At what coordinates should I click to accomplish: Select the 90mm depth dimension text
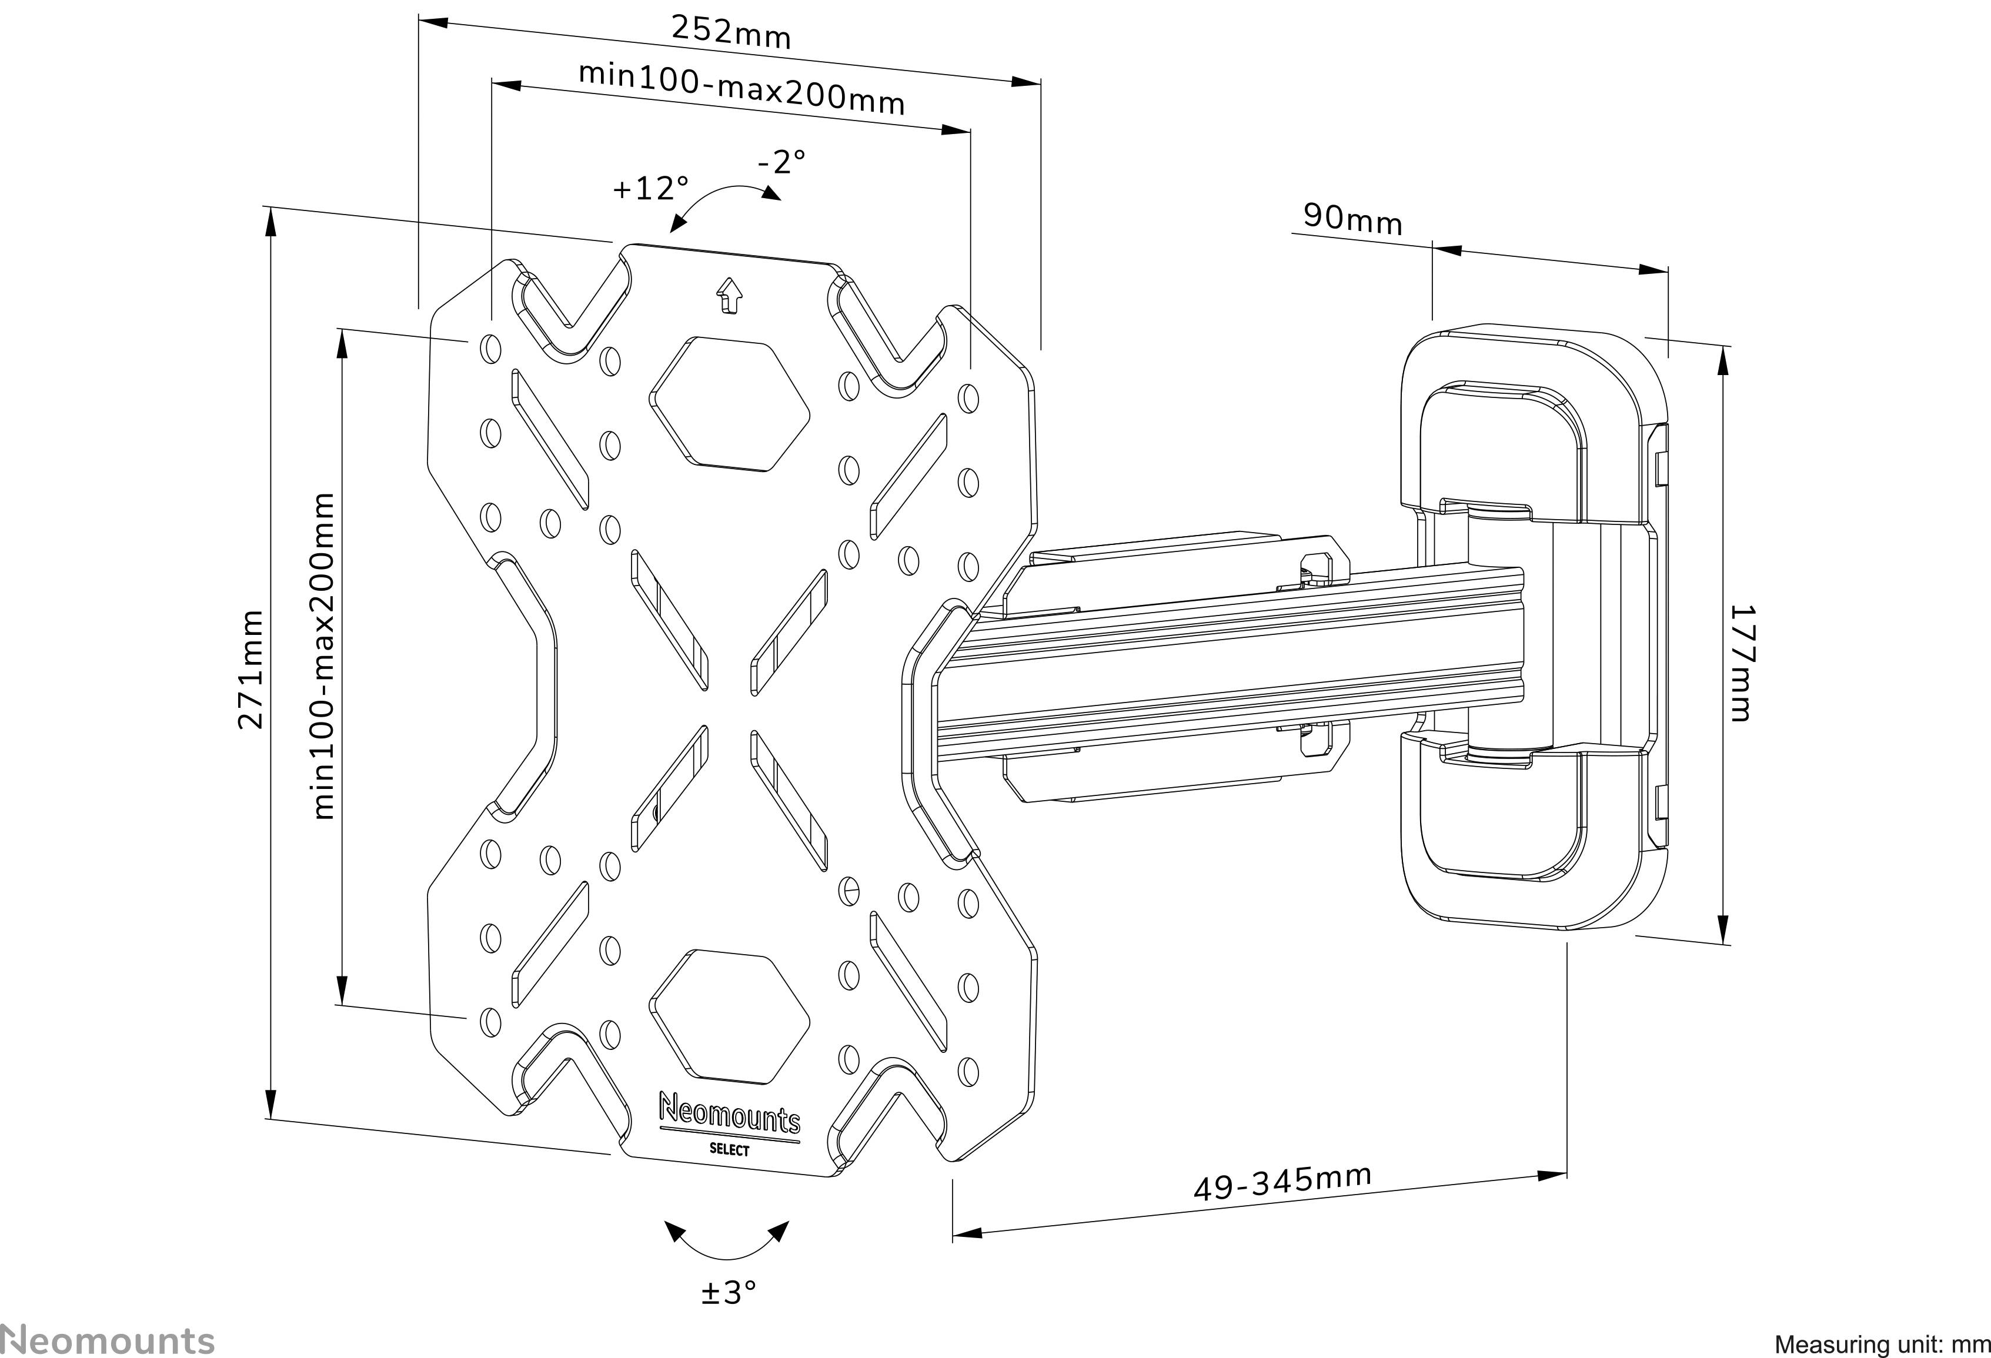[x=1353, y=219]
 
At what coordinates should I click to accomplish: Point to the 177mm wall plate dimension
[x=1742, y=663]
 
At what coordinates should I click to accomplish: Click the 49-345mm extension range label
[x=1282, y=1183]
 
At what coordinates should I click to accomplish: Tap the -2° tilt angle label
[x=781, y=161]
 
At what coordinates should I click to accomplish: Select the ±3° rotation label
[x=729, y=1292]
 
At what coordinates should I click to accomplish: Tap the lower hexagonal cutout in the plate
[x=729, y=1015]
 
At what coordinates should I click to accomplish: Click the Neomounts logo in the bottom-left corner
[x=107, y=1339]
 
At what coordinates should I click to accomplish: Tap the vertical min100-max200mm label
[x=324, y=655]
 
